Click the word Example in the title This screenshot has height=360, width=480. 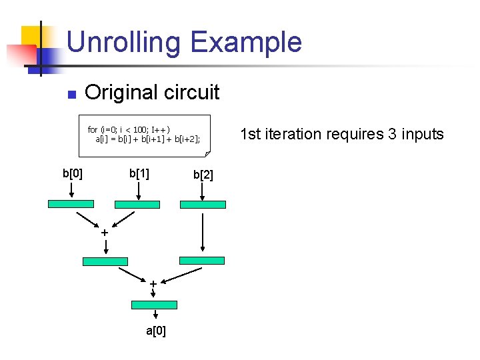coord(246,42)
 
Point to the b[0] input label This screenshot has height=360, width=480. coord(73,174)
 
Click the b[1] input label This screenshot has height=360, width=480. coord(139,174)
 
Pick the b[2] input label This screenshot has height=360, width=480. coord(203,175)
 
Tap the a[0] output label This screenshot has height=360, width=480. coord(156,331)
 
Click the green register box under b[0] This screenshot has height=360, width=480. coord(71,204)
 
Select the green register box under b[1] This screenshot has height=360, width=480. coord(137,204)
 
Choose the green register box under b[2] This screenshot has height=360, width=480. coord(203,205)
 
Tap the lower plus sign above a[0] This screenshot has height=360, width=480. coord(153,284)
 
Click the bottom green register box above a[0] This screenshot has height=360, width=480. coord(155,305)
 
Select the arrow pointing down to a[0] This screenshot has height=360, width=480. coord(155,315)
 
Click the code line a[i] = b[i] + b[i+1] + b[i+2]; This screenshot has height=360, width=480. coord(147,139)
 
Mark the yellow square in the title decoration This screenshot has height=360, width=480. coord(35,36)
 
